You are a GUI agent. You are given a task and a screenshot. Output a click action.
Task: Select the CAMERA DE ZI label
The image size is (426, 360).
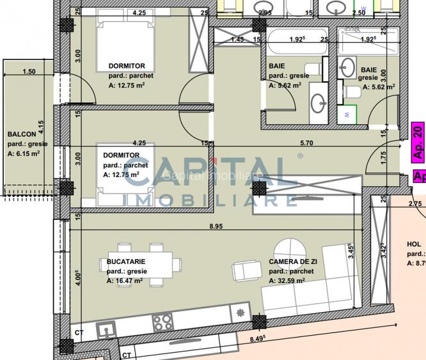(x=293, y=262)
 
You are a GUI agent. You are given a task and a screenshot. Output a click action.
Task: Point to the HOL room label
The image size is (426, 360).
(x=414, y=244)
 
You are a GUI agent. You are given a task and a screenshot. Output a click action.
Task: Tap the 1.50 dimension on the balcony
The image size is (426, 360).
(x=29, y=72)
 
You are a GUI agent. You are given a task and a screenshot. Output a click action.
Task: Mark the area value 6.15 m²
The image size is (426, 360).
(x=28, y=153)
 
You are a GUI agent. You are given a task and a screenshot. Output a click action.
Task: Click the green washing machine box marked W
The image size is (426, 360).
(x=346, y=115)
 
